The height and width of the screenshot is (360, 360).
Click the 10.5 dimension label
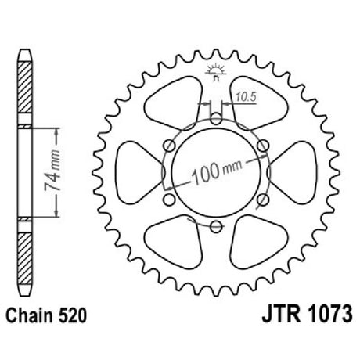click(x=247, y=97)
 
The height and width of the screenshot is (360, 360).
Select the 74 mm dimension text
click(x=52, y=171)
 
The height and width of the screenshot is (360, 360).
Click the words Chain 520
click(x=46, y=315)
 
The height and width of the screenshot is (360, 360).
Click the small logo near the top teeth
click(x=216, y=72)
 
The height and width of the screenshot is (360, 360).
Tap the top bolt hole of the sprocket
click(x=216, y=119)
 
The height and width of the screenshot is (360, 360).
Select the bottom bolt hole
click(x=216, y=226)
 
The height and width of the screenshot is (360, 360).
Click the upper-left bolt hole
click(x=169, y=146)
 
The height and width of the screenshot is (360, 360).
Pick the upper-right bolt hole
click(x=263, y=146)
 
